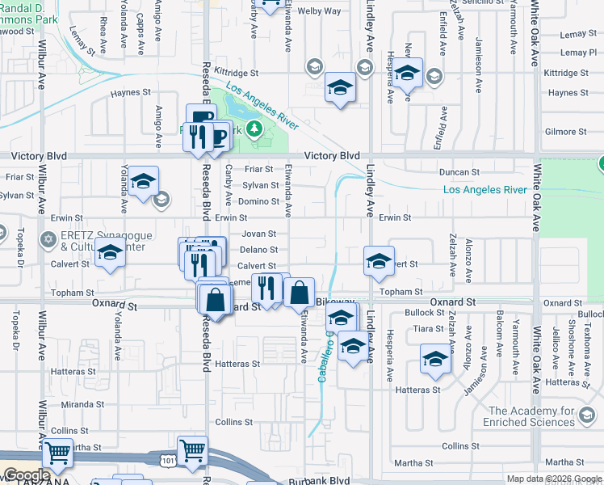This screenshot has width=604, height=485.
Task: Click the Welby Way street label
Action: click(x=319, y=11)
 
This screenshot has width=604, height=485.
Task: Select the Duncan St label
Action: click(x=459, y=172)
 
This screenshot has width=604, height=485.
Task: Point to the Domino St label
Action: click(x=258, y=201)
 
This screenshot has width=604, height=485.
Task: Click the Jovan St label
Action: click(x=258, y=234)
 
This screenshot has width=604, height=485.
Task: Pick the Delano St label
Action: click(x=258, y=250)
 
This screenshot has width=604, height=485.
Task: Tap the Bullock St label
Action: click(x=419, y=312)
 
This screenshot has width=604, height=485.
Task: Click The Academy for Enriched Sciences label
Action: click(x=529, y=416)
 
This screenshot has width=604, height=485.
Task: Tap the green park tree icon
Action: click(x=255, y=129)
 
